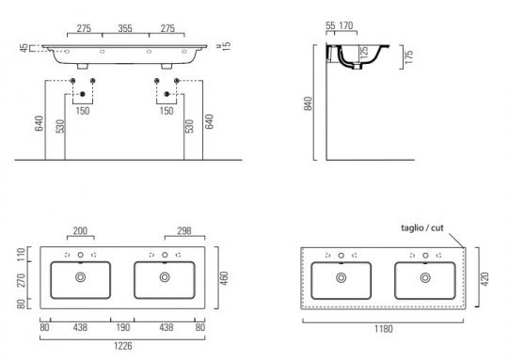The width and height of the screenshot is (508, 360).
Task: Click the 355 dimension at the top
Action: pyautogui.click(x=125, y=28)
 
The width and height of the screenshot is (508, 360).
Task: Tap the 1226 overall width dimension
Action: pyautogui.click(x=123, y=346)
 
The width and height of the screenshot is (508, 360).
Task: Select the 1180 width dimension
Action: pyautogui.click(x=384, y=329)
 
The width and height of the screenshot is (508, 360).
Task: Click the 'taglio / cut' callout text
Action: pyautogui.click(x=422, y=227)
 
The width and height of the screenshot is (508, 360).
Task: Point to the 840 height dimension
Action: pyautogui.click(x=309, y=103)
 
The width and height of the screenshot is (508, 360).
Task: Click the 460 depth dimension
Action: pyautogui.click(x=224, y=278)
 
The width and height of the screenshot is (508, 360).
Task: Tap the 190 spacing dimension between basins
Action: pyautogui.click(x=123, y=327)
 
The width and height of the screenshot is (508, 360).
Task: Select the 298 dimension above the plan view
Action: pyautogui.click(x=184, y=231)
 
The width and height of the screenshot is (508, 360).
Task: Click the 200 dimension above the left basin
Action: pyautogui.click(x=80, y=231)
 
